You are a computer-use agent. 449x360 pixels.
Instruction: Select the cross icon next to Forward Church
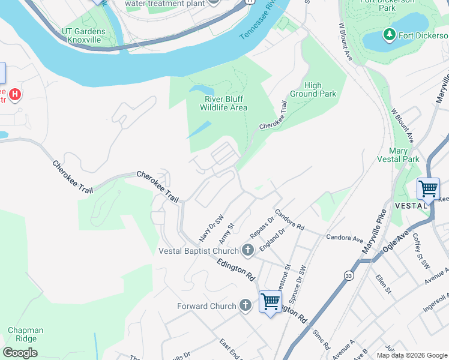point(245,306)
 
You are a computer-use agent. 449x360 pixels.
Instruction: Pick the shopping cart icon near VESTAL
point(429,189)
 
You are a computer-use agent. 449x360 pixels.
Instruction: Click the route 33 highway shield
point(349,275)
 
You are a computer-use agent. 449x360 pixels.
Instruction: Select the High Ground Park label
point(313,89)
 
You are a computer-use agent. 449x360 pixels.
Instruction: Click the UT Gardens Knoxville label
point(83,35)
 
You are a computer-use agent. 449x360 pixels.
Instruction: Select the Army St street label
point(226,231)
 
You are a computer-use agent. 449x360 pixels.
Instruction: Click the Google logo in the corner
point(20,353)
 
